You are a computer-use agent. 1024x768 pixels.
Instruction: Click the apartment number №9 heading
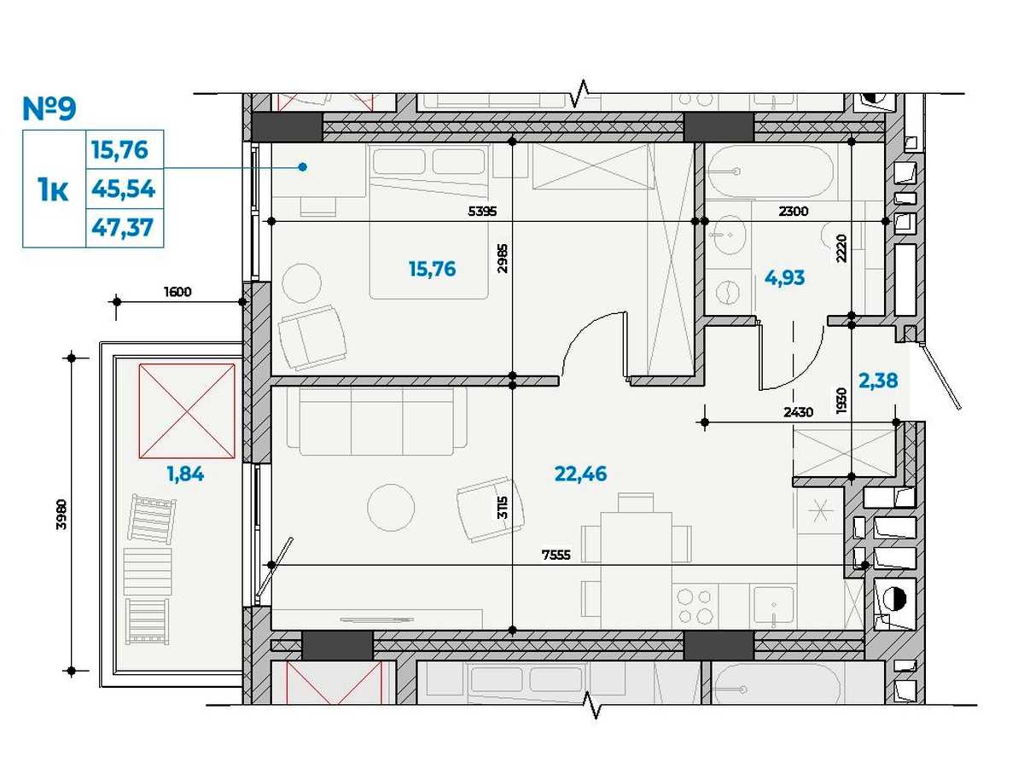point(49,108)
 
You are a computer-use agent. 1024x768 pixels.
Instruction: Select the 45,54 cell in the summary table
point(123,189)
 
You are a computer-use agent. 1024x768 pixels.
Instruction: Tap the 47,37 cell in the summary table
point(123,228)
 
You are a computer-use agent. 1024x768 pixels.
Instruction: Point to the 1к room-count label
point(53,189)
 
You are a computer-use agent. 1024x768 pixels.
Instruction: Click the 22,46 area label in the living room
point(580,474)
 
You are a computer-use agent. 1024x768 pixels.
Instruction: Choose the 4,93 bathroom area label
point(785,278)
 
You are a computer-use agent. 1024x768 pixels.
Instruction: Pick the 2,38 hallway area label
point(878,381)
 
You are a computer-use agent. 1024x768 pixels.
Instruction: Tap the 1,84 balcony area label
point(185,474)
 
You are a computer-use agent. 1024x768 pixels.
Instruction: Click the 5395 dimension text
point(482,212)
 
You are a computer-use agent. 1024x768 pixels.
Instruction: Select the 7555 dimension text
point(556,555)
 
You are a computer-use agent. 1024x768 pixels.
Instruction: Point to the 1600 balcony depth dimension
point(177,292)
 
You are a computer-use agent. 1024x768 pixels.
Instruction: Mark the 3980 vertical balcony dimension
point(61,515)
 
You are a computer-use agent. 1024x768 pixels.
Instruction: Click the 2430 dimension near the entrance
point(798,412)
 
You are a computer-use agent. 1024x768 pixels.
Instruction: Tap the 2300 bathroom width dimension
point(793,212)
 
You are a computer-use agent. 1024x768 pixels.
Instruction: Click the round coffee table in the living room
point(391,508)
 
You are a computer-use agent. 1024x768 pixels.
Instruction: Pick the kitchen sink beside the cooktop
point(774,604)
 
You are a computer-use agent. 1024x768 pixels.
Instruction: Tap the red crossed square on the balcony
point(187,410)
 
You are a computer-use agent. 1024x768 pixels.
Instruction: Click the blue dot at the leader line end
point(303,167)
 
